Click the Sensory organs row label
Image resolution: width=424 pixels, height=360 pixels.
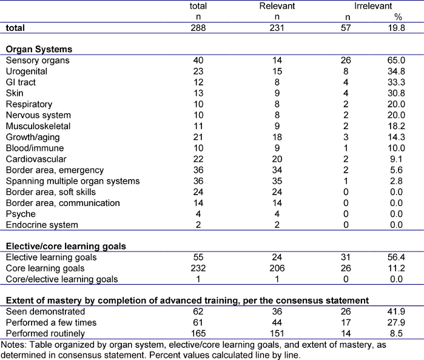click(x=38, y=61)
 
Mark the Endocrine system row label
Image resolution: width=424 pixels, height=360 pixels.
click(x=42, y=225)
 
